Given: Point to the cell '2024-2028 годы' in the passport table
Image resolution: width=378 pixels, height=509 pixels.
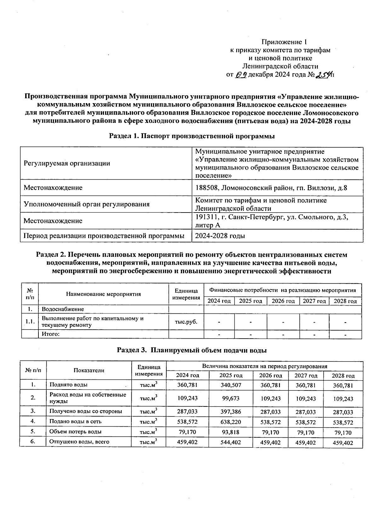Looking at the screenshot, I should pos(220,236).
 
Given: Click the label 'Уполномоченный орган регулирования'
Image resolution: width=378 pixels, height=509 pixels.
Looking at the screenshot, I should pos(87,204).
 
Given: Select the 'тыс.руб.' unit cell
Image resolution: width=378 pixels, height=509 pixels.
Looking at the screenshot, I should pos(186,322).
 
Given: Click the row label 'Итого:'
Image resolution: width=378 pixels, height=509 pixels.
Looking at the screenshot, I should pos(51,334).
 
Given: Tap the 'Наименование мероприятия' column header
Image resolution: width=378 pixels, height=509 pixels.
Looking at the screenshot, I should pos(103,294).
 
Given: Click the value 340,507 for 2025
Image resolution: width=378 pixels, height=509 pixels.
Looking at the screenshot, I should pos(231,385).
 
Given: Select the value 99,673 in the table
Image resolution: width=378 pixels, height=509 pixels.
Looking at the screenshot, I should pos(231,398).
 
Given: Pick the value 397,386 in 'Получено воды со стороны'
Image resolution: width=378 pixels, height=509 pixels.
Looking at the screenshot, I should pos(231,411).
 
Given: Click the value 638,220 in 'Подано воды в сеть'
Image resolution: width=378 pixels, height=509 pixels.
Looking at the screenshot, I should pos(231,422).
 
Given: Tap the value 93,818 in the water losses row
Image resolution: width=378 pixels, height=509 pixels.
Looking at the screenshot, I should pos(231,432).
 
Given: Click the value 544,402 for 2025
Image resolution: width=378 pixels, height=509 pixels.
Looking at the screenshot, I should pos(231,442).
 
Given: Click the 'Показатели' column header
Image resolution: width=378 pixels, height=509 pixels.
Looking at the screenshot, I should pos(89,370).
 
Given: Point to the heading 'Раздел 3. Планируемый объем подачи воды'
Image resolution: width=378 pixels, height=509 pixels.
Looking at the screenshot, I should pos(192,350).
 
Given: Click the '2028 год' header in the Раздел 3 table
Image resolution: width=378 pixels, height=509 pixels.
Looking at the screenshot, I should pos(343,376).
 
